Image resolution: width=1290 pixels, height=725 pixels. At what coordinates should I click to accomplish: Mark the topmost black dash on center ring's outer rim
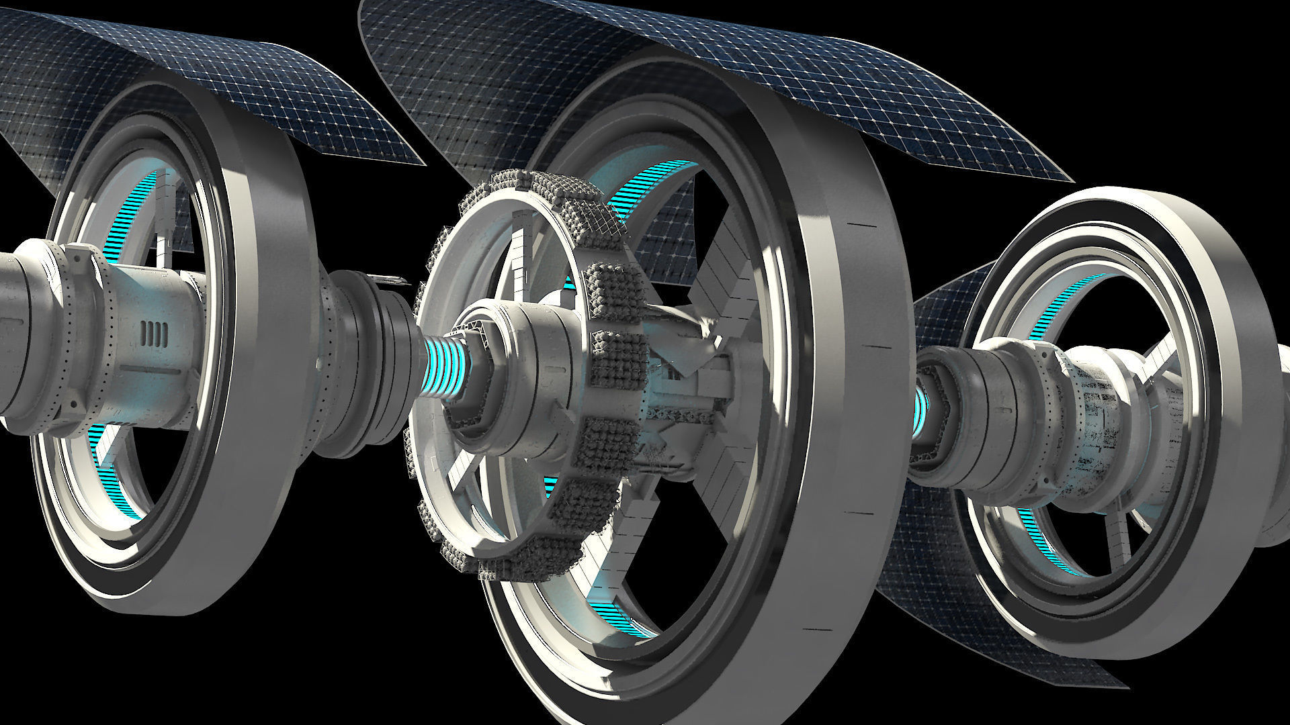(855, 224)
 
